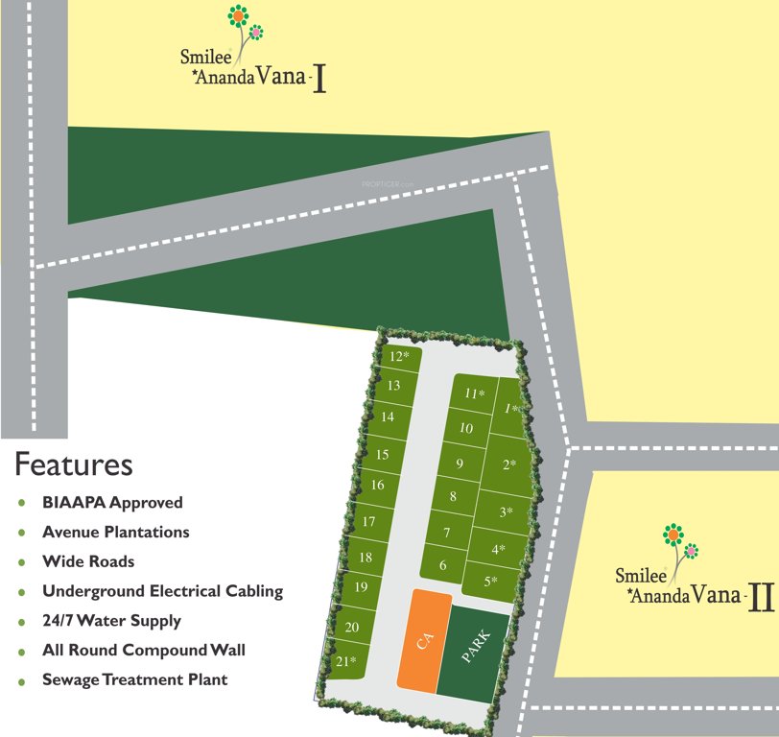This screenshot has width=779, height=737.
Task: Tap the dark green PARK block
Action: coord(474,651)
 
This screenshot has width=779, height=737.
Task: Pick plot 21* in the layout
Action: coord(345,662)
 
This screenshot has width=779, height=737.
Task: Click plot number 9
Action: coord(460,464)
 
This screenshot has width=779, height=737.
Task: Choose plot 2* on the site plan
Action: coord(509,465)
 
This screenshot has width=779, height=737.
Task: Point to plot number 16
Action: coord(377,486)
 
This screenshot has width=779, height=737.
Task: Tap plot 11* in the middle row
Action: coord(474,393)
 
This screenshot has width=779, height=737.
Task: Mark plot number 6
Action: coord(442,565)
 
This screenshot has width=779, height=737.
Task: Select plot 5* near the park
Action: coord(490,581)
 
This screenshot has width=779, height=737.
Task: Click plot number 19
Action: coord(361,587)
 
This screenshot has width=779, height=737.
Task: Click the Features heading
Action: coord(73,465)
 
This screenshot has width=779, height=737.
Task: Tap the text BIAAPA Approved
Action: coord(112,502)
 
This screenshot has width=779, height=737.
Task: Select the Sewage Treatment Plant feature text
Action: coord(135,679)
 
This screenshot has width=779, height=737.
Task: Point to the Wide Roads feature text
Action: coord(88,561)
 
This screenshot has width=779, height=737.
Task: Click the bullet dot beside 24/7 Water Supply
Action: coord(22,622)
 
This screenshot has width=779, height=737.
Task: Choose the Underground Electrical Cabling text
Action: coord(163,591)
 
